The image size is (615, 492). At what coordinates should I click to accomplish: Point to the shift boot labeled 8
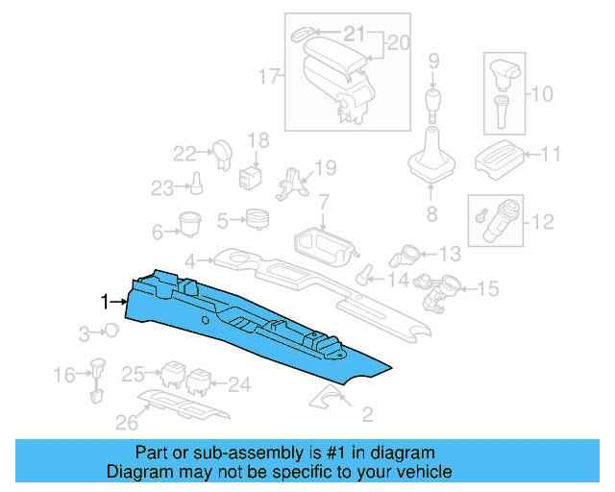(x=431, y=163)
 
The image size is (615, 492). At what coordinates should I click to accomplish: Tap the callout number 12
(x=543, y=222)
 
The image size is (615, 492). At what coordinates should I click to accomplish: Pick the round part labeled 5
(x=257, y=219)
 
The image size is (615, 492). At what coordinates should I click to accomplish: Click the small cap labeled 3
(x=111, y=332)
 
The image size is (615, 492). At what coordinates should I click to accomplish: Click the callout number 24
(x=238, y=385)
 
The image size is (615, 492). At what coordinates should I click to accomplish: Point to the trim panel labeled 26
(x=187, y=405)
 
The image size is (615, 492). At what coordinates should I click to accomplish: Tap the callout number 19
(x=326, y=168)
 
